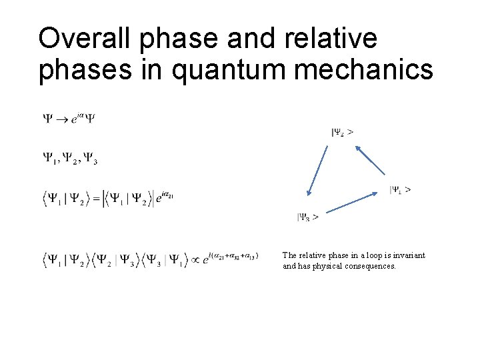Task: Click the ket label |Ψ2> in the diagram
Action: click(x=342, y=132)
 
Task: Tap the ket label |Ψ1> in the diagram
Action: click(x=400, y=189)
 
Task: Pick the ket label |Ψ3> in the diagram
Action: click(x=307, y=217)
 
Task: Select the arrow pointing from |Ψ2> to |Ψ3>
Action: click(x=317, y=171)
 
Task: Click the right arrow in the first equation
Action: click(x=59, y=119)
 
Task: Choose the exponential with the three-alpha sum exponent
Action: click(x=230, y=257)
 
